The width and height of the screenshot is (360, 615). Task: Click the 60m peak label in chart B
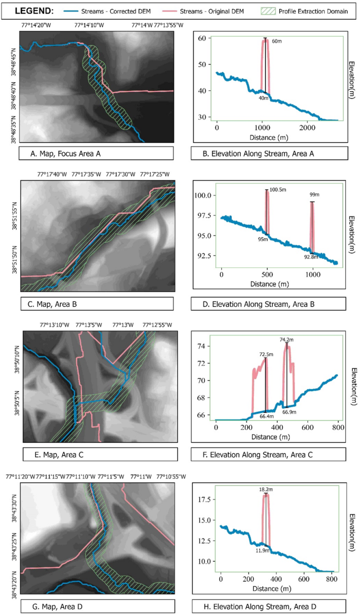[276, 41]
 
